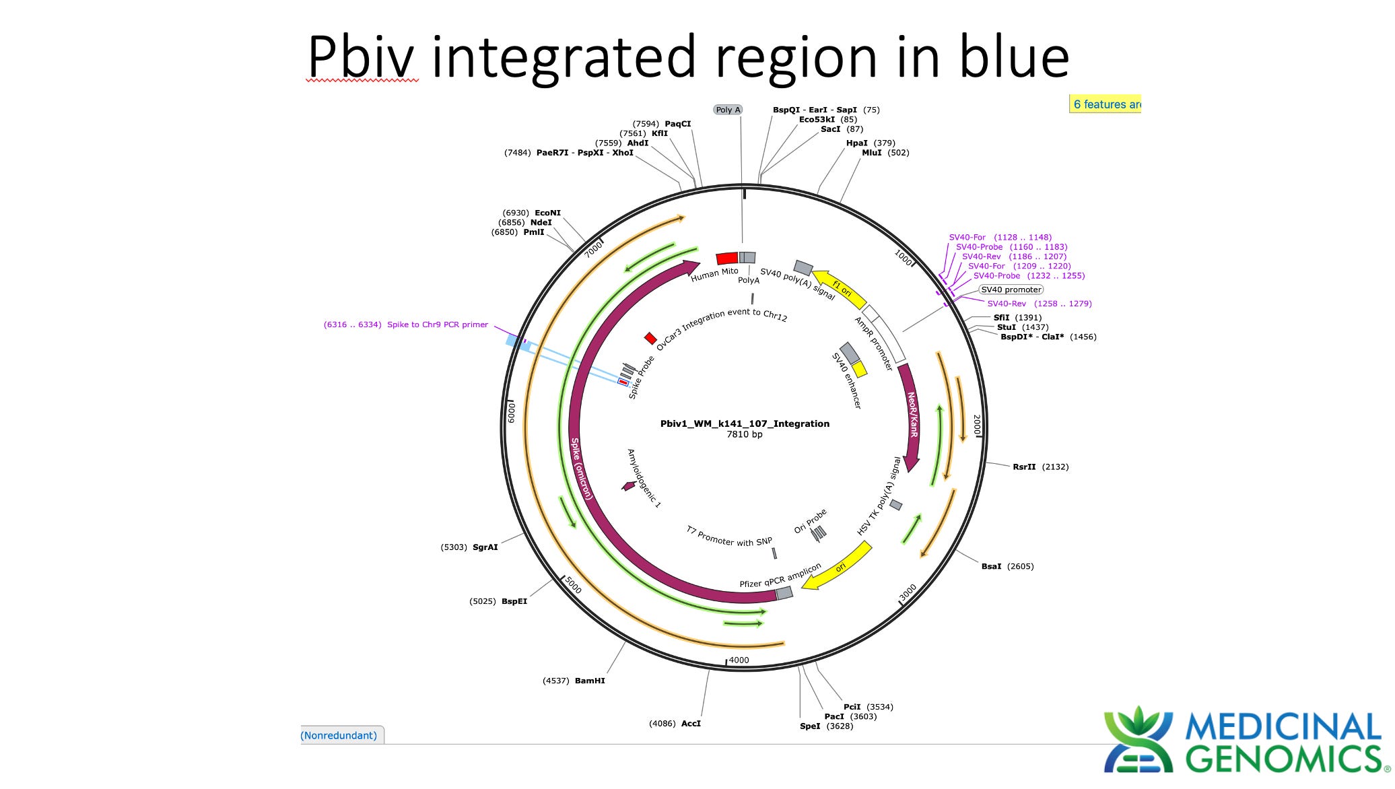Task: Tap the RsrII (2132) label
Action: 1040,467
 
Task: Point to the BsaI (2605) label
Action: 1007,566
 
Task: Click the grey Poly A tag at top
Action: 728,110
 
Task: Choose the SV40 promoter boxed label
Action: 1011,289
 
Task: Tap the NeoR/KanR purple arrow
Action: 912,417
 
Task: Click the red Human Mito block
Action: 727,259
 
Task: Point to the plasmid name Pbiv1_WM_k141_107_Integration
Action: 745,423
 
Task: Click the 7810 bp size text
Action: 745,434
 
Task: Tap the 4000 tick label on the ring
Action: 739,660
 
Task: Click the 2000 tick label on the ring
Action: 977,425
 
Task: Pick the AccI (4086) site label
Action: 675,724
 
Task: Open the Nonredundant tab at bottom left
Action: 340,735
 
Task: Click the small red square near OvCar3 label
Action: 650,338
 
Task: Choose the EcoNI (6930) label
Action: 531,213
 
